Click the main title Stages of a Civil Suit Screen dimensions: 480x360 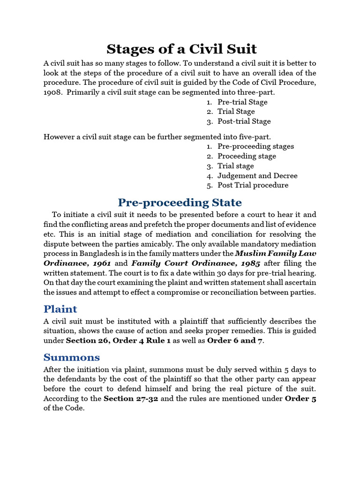[182, 49]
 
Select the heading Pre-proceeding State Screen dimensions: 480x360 [180, 202]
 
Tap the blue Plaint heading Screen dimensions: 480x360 [60, 309]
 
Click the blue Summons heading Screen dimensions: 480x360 [71, 357]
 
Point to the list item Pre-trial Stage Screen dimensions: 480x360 [242, 102]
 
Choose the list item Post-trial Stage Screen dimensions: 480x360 [244, 121]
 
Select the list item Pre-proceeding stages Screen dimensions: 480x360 [255, 146]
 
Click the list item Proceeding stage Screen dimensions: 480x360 [247, 156]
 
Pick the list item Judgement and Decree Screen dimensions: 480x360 [257, 176]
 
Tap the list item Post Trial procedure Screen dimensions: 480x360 [253, 185]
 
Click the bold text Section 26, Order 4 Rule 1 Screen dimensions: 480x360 [118, 341]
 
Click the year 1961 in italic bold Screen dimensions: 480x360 [102, 263]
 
